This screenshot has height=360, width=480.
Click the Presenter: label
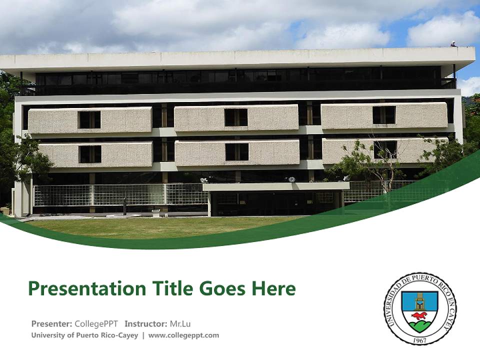point(51,323)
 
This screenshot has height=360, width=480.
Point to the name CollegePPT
point(96,323)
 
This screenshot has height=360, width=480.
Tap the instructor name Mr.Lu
point(180,323)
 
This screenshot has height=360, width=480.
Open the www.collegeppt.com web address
point(183,335)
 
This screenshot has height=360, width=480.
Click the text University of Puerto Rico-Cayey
point(84,335)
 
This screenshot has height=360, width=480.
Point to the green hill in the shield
point(419,326)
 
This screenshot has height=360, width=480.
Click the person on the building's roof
point(453,44)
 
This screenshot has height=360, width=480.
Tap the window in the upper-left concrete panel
point(89,119)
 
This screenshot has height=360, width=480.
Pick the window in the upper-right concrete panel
point(384,115)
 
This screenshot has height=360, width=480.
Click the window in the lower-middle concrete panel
point(236,152)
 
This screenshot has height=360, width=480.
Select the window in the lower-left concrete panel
point(90,154)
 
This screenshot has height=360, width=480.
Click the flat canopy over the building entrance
point(276,186)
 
